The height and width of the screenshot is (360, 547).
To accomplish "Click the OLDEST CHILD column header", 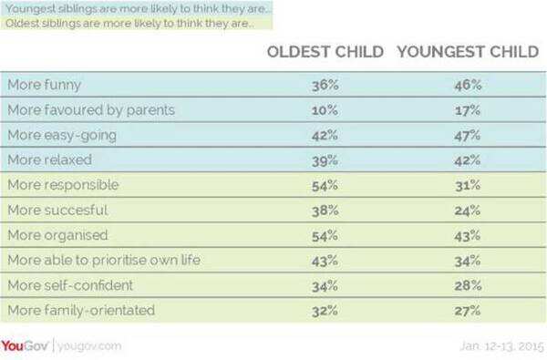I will [x=325, y=51].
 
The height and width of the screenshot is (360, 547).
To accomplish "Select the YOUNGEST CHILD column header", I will [x=466, y=51].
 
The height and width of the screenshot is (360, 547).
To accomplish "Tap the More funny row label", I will [x=45, y=85].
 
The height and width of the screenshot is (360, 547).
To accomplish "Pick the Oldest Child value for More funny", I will [x=325, y=86].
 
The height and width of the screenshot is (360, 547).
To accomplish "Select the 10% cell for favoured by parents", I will [x=325, y=110].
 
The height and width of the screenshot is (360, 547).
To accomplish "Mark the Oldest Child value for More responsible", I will [x=325, y=186].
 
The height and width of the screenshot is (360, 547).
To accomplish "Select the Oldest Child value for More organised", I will [x=325, y=236].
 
